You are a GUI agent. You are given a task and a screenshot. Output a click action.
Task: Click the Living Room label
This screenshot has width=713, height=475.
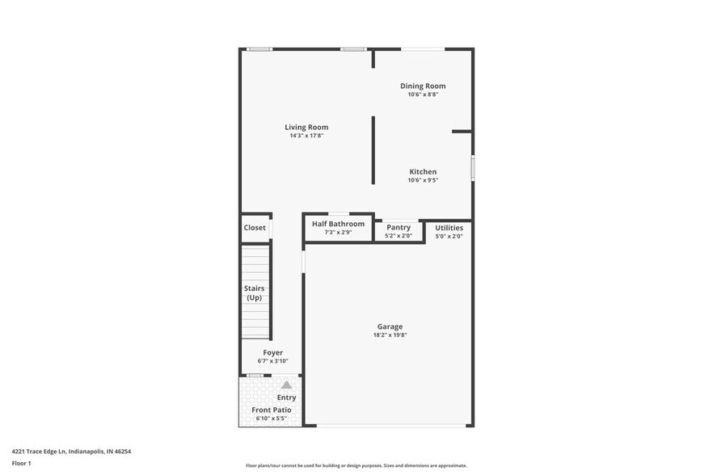[x=306, y=127]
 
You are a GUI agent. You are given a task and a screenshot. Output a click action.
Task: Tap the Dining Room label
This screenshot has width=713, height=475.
[x=423, y=86]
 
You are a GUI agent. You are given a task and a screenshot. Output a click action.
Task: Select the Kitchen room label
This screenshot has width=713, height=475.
[x=423, y=171]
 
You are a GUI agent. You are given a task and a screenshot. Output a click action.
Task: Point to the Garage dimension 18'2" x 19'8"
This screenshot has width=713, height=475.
[x=390, y=335]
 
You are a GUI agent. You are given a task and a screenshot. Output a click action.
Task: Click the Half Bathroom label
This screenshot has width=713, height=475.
[x=338, y=224]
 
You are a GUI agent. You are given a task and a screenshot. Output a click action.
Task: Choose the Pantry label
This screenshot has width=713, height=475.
[x=399, y=227]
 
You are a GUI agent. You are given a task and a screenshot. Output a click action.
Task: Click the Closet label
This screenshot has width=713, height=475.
[x=255, y=228]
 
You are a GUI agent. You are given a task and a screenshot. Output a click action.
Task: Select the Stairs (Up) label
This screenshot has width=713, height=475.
[x=255, y=292]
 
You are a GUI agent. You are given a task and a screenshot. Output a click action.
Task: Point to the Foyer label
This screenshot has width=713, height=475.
[x=272, y=352]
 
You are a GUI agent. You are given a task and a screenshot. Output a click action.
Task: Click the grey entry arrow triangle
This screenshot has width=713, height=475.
[x=286, y=385]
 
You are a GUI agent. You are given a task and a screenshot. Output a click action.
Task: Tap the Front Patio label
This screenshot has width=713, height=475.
[x=272, y=410]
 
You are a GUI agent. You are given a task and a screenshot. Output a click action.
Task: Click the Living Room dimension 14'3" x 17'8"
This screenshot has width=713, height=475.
[x=306, y=136]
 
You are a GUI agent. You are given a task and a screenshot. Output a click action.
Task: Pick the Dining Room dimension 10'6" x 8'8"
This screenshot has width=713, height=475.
[x=423, y=95]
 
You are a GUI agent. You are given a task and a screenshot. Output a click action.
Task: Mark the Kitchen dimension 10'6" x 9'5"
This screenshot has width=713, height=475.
[x=423, y=180]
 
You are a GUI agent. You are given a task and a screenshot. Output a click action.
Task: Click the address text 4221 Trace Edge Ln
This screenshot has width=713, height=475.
[x=71, y=452]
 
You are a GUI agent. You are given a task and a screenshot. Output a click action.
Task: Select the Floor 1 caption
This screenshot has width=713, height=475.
[x=22, y=463]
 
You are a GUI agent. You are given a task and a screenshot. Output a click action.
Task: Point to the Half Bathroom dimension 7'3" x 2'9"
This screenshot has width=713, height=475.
[x=338, y=233]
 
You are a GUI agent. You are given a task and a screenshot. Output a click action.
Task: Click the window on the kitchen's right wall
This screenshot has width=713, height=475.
[x=473, y=168]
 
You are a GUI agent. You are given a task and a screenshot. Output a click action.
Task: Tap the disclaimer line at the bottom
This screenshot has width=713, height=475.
[x=356, y=465]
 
